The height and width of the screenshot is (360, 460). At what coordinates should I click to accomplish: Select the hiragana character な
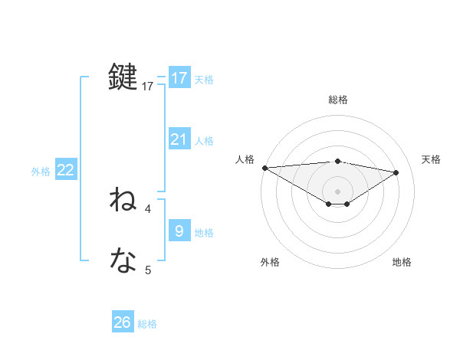pyautogui.click(x=123, y=261)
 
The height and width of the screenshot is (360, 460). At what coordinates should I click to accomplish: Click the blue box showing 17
pyautogui.click(x=179, y=78)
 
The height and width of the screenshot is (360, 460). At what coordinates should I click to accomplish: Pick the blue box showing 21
pyautogui.click(x=179, y=139)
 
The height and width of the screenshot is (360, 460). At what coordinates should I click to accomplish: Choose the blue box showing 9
pyautogui.click(x=179, y=230)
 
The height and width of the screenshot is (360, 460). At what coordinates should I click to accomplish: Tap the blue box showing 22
pyautogui.click(x=66, y=170)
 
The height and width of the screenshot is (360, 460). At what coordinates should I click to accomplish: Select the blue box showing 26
pyautogui.click(x=123, y=322)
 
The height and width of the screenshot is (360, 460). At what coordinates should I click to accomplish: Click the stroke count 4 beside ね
pyautogui.click(x=148, y=208)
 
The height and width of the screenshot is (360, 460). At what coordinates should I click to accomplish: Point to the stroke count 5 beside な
pyautogui.click(x=148, y=269)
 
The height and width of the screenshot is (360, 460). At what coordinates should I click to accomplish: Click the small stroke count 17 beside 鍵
pyautogui.click(x=148, y=87)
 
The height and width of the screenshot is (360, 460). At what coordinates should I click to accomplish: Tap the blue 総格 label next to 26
pyautogui.click(x=147, y=324)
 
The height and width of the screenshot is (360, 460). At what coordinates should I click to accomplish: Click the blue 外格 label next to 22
pyautogui.click(x=41, y=172)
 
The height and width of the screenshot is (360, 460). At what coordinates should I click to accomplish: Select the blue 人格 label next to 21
pyautogui.click(x=204, y=141)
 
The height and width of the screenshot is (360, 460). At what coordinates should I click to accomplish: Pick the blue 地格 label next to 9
pyautogui.click(x=204, y=232)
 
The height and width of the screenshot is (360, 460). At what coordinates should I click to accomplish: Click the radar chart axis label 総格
pyautogui.click(x=337, y=100)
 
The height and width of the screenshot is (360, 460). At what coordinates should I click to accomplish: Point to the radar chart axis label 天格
pyautogui.click(x=431, y=159)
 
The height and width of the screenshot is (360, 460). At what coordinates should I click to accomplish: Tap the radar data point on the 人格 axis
pyautogui.click(x=264, y=167)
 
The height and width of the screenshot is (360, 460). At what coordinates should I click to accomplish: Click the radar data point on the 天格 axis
pyautogui.click(x=396, y=172)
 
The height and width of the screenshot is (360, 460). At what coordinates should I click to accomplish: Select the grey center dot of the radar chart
pyautogui.click(x=337, y=191)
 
